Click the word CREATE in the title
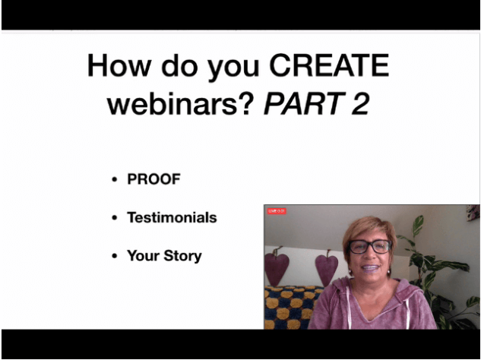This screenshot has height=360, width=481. tap(329, 65)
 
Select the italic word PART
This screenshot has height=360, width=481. tap(305, 103)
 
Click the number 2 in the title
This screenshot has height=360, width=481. tap(360, 103)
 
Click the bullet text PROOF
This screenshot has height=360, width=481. tap(153, 179)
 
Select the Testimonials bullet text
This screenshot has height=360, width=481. tap(172, 217)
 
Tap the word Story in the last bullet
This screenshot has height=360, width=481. tap(183, 256)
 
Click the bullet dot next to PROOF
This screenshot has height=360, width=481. tap(115, 179)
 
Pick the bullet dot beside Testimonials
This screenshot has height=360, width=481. tap(115, 218)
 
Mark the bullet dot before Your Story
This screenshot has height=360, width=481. tap(115, 256)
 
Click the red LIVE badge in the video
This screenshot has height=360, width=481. tap(277, 211)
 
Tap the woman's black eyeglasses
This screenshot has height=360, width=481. tap(369, 246)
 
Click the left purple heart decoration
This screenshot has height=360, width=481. tap(276, 265)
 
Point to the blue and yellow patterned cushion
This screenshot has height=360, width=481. tap(290, 308)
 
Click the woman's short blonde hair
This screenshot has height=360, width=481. tap(368, 229)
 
